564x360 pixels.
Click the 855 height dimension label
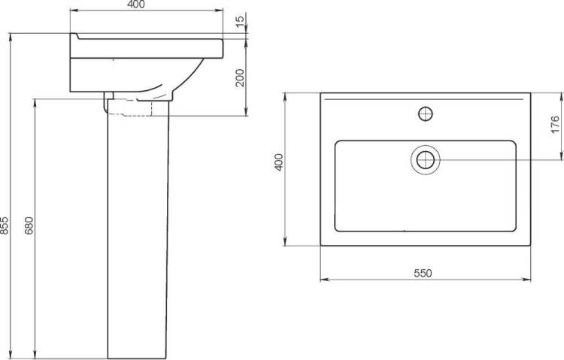[5, 225]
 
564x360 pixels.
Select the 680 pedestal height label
[29, 225]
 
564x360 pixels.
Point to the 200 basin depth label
[240, 77]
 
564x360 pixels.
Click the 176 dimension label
[556, 124]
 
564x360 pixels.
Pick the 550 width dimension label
[423, 274]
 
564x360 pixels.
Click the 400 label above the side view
[136, 5]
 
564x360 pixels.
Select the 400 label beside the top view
[279, 162]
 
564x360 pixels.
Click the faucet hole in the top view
[426, 114]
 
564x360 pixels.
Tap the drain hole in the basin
[426, 159]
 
